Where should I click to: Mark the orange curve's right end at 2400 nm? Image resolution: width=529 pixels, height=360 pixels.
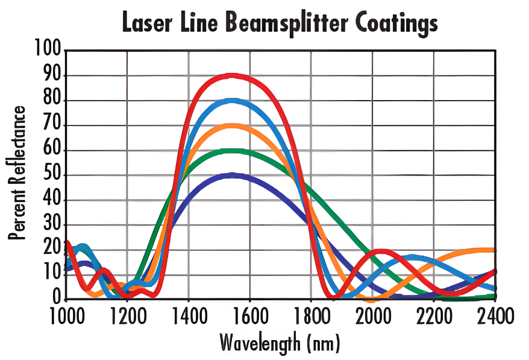click(x=494, y=250)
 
